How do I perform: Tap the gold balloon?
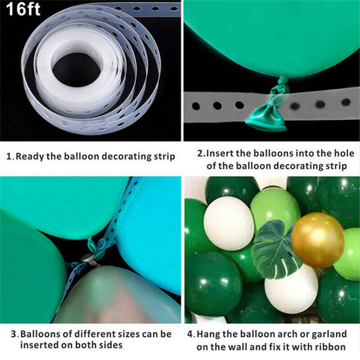(317, 240)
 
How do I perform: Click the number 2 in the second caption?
(200, 153)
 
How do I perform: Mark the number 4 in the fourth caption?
(191, 333)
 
